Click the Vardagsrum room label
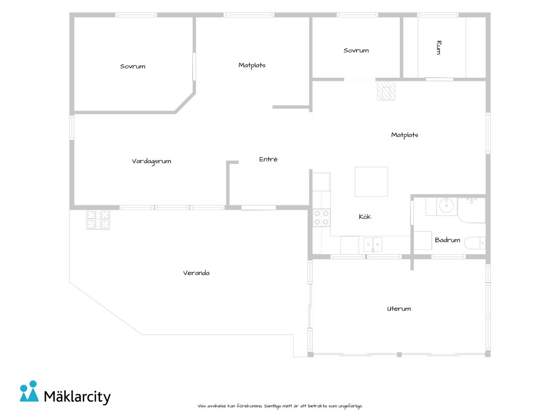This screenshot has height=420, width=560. point(151,161)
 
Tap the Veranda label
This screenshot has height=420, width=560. point(196,273)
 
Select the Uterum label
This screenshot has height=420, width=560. point(399,308)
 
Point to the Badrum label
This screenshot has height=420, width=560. point(447,240)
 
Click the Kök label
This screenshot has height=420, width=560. point(365,217)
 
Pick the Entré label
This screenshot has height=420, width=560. point(268,159)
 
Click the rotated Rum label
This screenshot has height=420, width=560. point(438,47)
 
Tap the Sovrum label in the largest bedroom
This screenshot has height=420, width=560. point(133,66)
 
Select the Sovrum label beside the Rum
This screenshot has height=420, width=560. point(356,50)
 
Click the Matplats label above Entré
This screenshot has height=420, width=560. point(252,66)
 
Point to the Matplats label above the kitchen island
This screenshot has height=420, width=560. point(405,135)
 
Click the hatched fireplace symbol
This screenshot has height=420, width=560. point(386,91)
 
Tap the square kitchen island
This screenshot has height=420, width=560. point(371,182)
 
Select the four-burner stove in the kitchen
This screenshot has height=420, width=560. point(322,217)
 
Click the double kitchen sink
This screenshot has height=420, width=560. point(373,245)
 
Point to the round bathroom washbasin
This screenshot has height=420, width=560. point(446,205)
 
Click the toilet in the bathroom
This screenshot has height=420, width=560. point(475,243)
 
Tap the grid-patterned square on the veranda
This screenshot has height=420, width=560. point(98,220)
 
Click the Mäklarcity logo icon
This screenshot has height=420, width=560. point(29,392)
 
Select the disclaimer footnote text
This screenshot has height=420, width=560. point(280,406)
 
